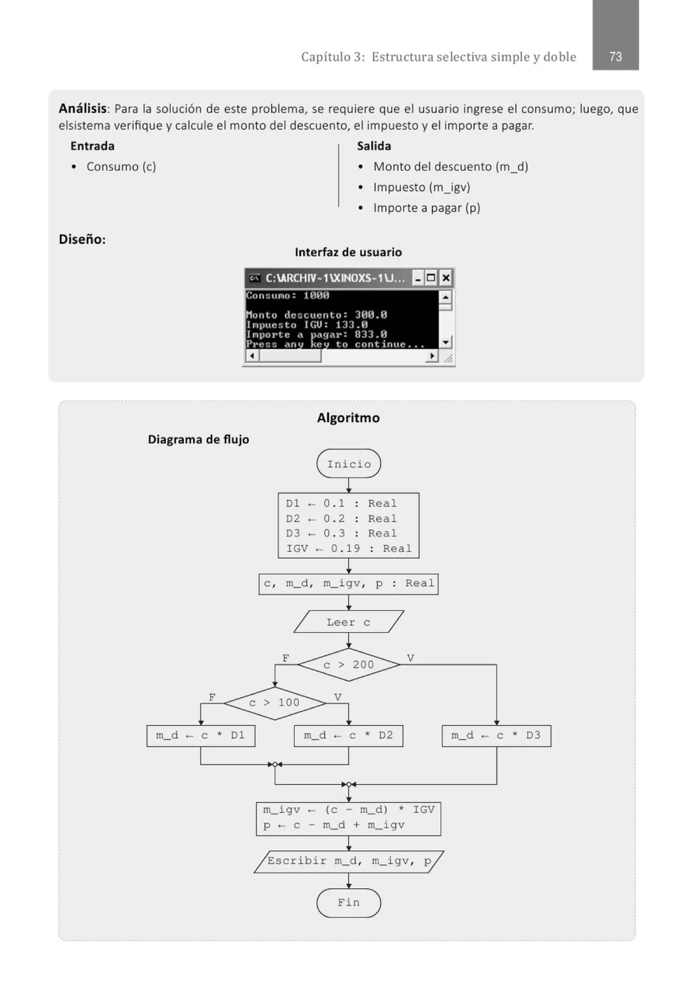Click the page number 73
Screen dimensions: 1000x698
615,57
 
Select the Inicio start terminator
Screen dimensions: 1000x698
349,464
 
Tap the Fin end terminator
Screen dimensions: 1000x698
349,902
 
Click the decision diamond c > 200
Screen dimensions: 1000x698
349,665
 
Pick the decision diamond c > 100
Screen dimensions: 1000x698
275,702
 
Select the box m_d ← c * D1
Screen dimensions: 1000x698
201,736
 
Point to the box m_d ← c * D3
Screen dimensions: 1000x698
496,736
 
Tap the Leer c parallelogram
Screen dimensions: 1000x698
349,622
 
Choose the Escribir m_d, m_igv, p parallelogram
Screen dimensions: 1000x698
349,861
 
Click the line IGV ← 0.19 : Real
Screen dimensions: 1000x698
349,548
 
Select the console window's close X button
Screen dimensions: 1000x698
445,278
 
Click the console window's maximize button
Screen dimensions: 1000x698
431,278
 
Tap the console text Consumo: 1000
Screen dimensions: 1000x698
288,295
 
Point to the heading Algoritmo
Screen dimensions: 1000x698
348,418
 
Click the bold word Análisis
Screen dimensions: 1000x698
83,108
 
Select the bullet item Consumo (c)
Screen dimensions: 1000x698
121,166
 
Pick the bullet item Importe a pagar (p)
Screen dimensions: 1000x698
426,208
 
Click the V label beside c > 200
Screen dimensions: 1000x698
410,658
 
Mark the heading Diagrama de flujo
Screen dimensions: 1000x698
198,439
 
